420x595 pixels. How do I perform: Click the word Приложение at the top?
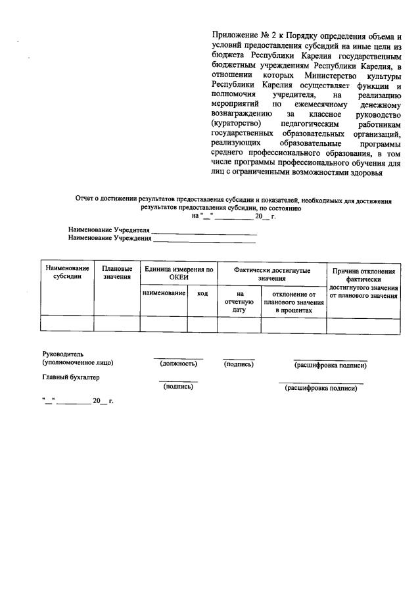point(233,36)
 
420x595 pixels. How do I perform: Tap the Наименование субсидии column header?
point(67,273)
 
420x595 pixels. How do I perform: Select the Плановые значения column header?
point(117,273)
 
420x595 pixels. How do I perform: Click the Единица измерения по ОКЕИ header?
point(179,274)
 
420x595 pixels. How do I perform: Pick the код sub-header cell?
point(202,293)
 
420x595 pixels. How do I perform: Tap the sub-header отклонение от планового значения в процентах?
point(294,302)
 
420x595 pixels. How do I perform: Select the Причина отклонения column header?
point(363,283)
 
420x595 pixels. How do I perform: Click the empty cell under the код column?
point(202,323)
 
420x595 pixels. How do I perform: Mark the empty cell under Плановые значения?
point(117,323)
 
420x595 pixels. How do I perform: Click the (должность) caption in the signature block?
point(179,364)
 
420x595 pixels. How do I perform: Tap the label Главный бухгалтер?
point(71,377)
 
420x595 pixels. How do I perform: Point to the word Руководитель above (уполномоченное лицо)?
point(63,354)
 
